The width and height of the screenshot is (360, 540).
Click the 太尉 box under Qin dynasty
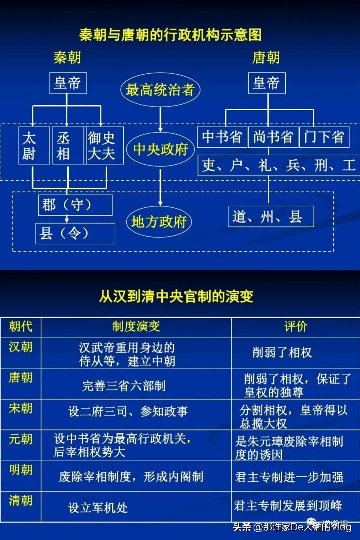pos(34,145)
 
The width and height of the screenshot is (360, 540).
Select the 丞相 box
pos(68,145)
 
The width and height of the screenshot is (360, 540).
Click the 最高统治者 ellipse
pos(160,90)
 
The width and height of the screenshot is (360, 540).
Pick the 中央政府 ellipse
pos(160,149)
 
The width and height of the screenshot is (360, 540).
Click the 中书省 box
pos(222,137)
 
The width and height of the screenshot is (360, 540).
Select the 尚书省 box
pos(273,137)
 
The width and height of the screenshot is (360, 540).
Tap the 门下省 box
pos(324,137)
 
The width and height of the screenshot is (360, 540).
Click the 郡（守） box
pos(75,205)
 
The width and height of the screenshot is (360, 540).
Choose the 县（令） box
pos(75,234)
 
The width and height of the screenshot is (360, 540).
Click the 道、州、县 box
pos(271,217)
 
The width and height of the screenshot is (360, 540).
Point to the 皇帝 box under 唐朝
pos(267,83)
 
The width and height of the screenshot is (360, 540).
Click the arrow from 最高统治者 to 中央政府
pos(160,120)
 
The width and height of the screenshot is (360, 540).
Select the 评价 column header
pos(296,327)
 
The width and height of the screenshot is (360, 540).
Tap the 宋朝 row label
pos(21,408)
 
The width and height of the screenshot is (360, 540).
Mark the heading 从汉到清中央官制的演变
pos(176,296)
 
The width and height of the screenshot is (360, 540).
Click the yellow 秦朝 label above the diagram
pos(67,58)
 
